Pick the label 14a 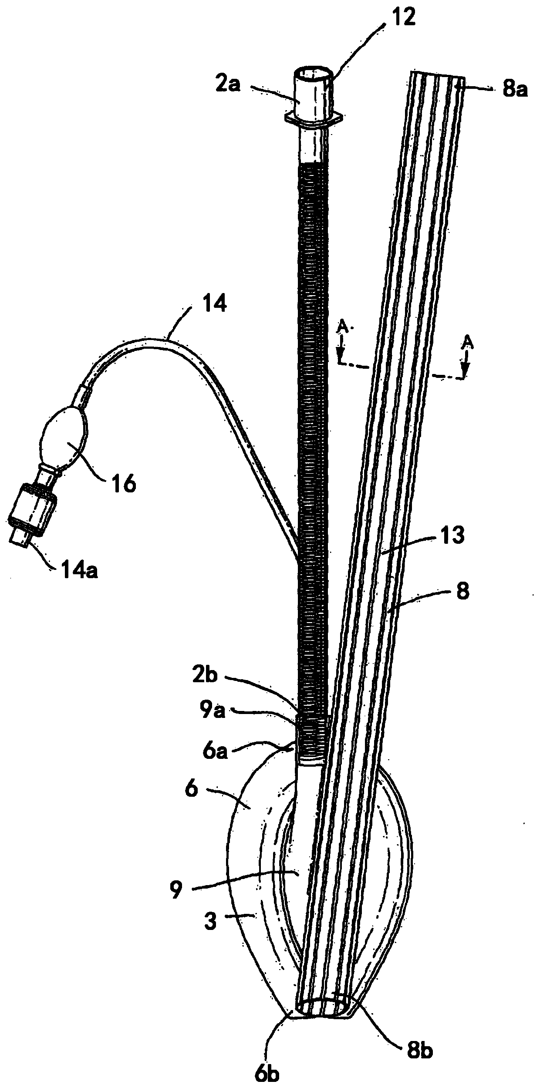[79, 569]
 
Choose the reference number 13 [452, 536]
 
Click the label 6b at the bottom [266, 1072]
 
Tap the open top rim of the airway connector [313, 72]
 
